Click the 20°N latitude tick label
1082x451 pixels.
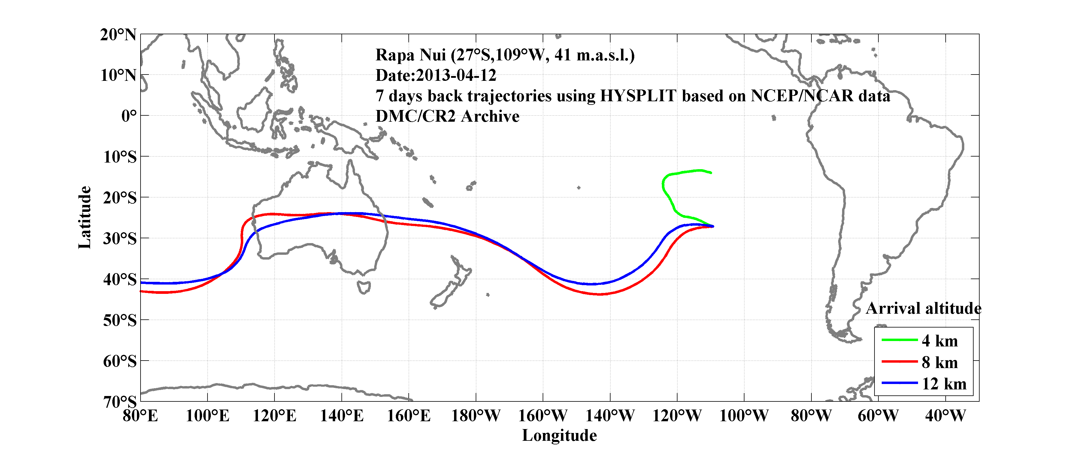coord(118,35)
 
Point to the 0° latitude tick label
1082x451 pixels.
coord(129,116)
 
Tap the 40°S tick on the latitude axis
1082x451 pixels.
coord(120,279)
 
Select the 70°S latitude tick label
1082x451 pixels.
coord(120,402)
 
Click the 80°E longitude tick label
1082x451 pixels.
coord(140,416)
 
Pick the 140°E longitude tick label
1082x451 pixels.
coord(341,416)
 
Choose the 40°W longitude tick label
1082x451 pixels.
coord(945,416)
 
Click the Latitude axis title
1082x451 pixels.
coord(84,217)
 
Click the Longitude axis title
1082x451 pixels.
coord(559,435)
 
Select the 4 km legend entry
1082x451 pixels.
coord(940,341)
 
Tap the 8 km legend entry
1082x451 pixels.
coord(940,362)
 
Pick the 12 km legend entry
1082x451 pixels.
coord(944,384)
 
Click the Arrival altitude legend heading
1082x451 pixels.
coord(923,309)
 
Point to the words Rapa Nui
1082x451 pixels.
coord(411,55)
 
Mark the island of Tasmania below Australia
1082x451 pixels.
coord(364,287)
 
